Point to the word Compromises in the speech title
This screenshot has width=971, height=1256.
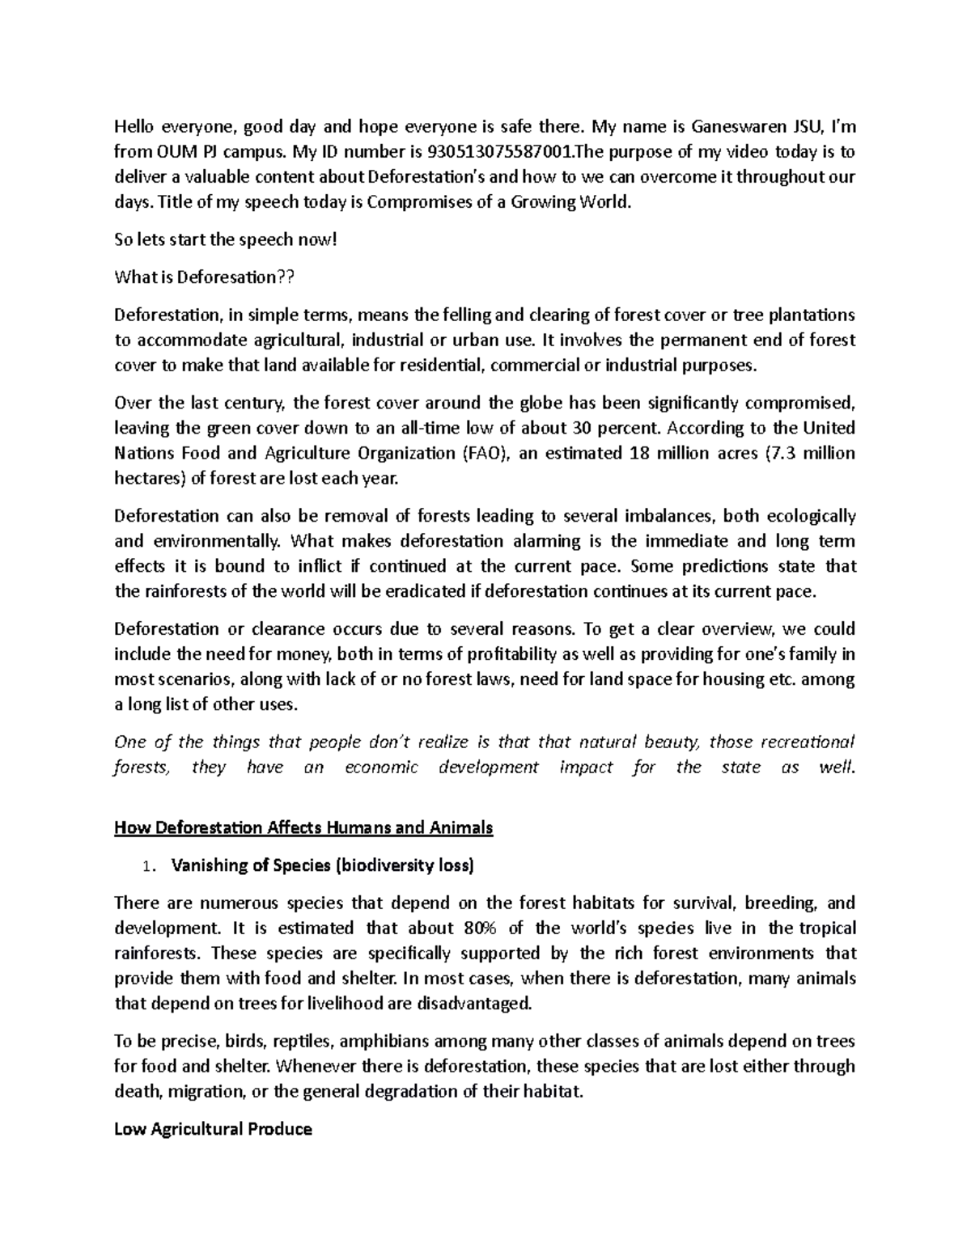pos(418,201)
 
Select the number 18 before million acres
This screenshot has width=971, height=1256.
pos(638,453)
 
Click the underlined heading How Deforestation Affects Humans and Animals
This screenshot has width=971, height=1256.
pos(303,827)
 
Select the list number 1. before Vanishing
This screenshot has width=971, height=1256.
pos(146,866)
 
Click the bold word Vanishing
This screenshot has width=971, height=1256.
pos(207,865)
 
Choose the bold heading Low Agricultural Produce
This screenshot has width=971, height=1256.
pos(214,1129)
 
